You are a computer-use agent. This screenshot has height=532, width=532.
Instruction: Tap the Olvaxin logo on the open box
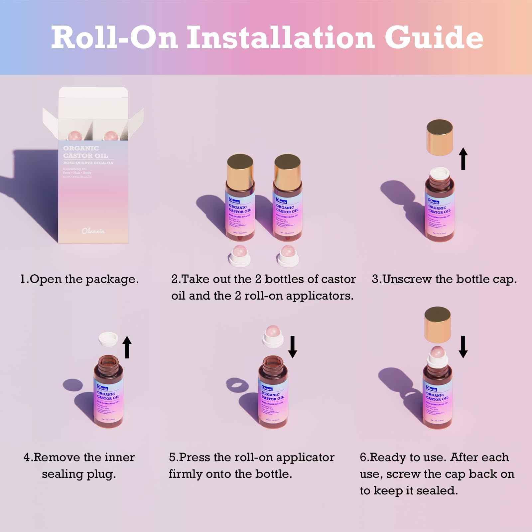pos(93,231)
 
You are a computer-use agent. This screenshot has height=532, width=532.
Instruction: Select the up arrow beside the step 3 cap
pos(463,159)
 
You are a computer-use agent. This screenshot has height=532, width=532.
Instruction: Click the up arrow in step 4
pos(127,347)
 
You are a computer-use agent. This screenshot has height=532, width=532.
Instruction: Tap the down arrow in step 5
pos(293,346)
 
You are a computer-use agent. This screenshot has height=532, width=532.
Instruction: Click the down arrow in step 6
pos(463,346)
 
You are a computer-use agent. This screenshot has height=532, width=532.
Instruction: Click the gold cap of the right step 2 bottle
pos(288,171)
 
